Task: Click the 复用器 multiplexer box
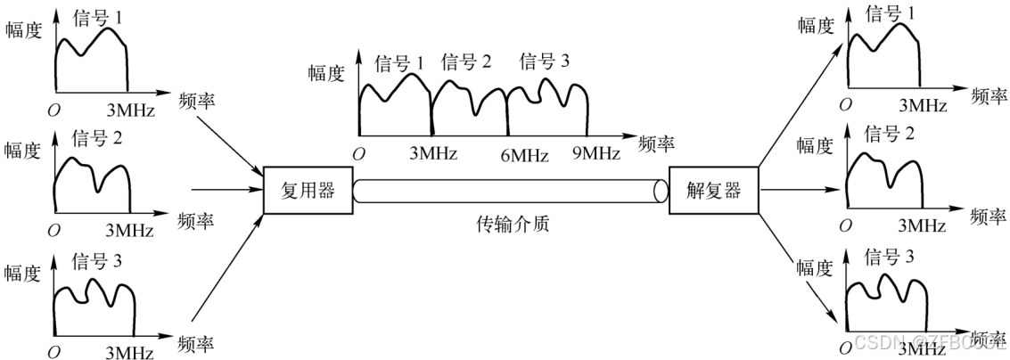tap(303, 190)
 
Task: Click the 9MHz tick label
tap(595, 153)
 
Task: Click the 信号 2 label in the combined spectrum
tap(466, 62)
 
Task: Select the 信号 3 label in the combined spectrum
tap(544, 62)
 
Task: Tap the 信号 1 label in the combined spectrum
tap(398, 64)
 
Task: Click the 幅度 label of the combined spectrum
tap(326, 74)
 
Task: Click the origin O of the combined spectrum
tap(358, 154)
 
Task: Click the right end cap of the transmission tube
tap(661, 191)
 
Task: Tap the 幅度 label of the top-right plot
tap(815, 26)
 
